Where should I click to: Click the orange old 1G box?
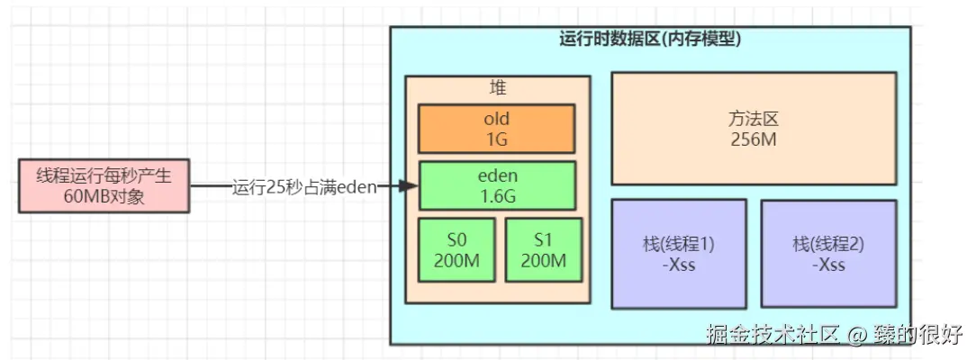pyautogui.click(x=496, y=128)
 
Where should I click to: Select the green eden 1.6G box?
pyautogui.click(x=497, y=185)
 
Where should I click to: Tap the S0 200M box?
pyautogui.click(x=456, y=249)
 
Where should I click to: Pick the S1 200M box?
pyautogui.click(x=542, y=249)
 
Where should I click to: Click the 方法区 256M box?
pyautogui.click(x=753, y=129)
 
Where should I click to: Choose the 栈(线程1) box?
pyautogui.click(x=678, y=253)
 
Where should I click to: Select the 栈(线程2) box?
pyautogui.click(x=827, y=253)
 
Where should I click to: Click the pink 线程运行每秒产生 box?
pyautogui.click(x=104, y=186)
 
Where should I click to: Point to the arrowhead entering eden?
pyautogui.click(x=410, y=186)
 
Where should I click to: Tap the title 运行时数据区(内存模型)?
pyautogui.click(x=650, y=39)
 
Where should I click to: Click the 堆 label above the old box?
pyautogui.click(x=497, y=89)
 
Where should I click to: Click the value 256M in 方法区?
pyautogui.click(x=753, y=140)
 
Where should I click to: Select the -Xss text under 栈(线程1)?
pyautogui.click(x=678, y=265)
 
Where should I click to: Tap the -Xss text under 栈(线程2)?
pyautogui.click(x=827, y=265)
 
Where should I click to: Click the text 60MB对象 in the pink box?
pyautogui.click(x=104, y=197)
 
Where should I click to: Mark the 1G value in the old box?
pyautogui.click(x=496, y=139)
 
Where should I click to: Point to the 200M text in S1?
pyautogui.click(x=542, y=260)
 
